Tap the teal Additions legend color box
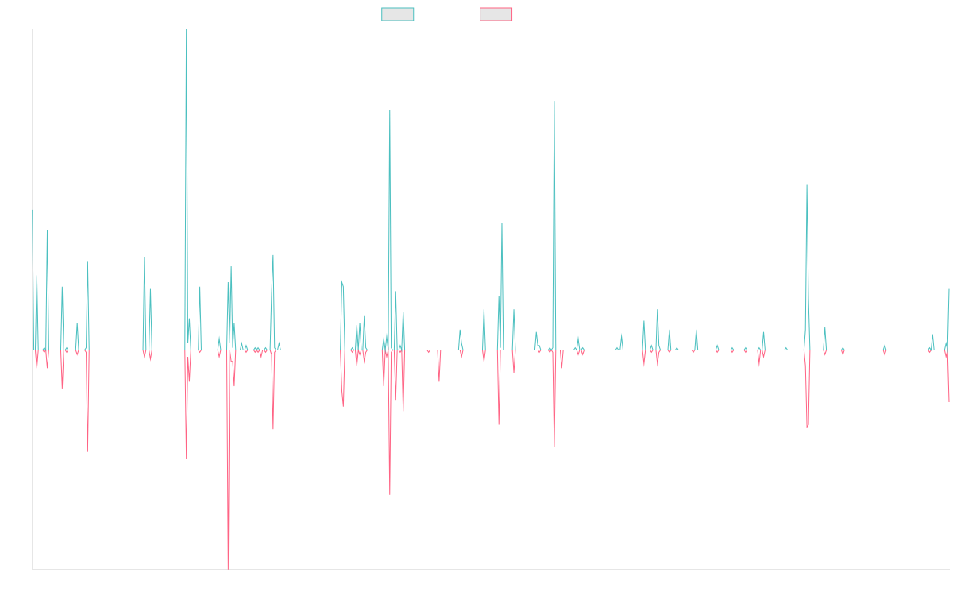[x=398, y=14]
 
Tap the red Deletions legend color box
[x=496, y=14]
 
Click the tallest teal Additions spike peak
[x=187, y=30]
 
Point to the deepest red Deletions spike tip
[x=228, y=568]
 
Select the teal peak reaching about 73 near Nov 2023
[x=807, y=185]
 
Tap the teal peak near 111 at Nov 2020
[x=554, y=100]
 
